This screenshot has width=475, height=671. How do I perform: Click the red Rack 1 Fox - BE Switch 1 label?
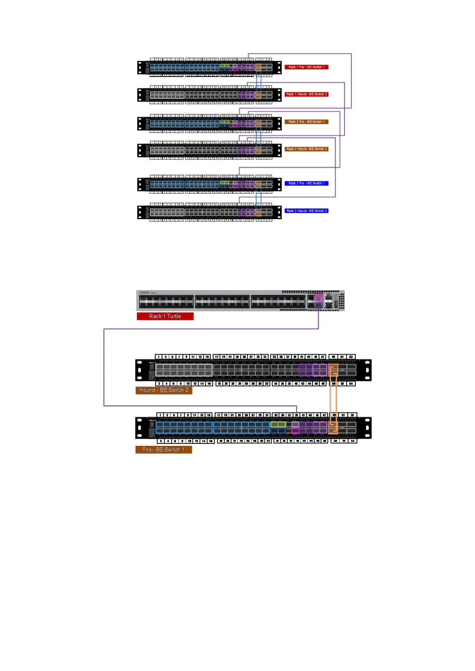(x=306, y=67)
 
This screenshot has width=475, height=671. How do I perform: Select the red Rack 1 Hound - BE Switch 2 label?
(x=306, y=94)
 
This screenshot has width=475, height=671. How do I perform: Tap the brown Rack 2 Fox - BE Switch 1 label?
(x=306, y=122)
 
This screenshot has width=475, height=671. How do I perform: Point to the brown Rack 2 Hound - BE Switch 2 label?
(x=306, y=149)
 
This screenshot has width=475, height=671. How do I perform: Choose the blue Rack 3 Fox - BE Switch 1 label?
(x=306, y=183)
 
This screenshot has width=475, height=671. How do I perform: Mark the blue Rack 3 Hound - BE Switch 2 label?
(x=306, y=211)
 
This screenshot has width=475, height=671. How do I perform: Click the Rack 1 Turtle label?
(x=165, y=316)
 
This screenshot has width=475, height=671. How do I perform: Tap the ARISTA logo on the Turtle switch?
(x=144, y=293)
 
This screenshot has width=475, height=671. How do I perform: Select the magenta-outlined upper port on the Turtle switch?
(x=318, y=297)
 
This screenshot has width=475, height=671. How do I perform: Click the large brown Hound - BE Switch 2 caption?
(x=164, y=390)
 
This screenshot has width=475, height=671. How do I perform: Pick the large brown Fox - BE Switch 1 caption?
(x=164, y=450)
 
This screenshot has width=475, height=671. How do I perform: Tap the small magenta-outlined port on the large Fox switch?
(x=295, y=431)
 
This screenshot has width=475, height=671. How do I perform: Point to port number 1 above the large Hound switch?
(x=159, y=357)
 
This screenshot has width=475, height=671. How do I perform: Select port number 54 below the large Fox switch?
(x=352, y=441)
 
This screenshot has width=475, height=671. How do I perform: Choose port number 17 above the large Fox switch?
(x=219, y=415)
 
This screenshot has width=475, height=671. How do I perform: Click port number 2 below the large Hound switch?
(x=159, y=384)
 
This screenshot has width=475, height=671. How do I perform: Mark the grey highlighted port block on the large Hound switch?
(x=184, y=370)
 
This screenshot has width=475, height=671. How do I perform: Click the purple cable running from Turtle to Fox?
(x=104, y=367)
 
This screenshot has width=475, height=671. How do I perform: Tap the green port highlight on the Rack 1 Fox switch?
(x=225, y=65)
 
